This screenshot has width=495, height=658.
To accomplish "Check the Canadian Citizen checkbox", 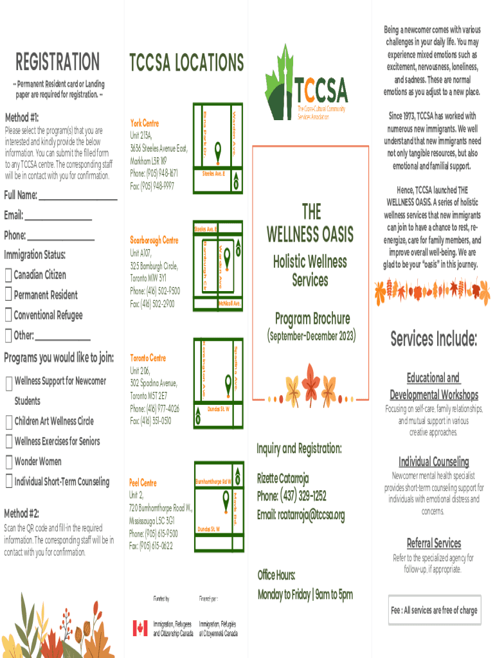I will [x=8, y=276].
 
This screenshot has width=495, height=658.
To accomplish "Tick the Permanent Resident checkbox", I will [x=8, y=296].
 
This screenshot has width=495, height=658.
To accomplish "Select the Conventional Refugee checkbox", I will [x=8, y=316].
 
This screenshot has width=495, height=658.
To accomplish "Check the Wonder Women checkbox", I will [x=8, y=462].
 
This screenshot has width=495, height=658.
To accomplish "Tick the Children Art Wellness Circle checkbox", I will [x=8, y=422].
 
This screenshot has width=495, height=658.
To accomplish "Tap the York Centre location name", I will [x=145, y=123].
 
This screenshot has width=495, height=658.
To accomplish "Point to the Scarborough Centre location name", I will [x=154, y=240].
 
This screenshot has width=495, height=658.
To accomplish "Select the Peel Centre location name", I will [x=143, y=483].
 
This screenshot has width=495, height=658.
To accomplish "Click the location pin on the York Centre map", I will [x=217, y=152].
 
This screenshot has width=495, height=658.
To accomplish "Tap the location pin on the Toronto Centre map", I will [x=228, y=384].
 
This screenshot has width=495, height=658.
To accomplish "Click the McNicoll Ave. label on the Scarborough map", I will [x=230, y=303].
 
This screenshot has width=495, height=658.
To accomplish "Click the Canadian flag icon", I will [x=140, y=628].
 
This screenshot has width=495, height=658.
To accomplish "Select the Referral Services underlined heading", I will [x=433, y=543].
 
